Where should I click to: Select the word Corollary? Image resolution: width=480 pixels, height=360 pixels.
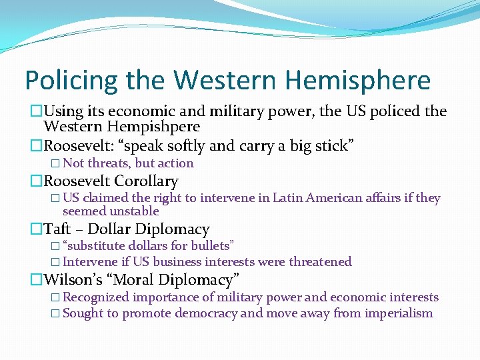pos(146,181)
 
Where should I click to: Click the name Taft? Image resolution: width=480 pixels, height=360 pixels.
pos(58,230)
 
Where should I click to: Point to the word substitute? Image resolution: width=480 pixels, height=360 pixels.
pos(94,247)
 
